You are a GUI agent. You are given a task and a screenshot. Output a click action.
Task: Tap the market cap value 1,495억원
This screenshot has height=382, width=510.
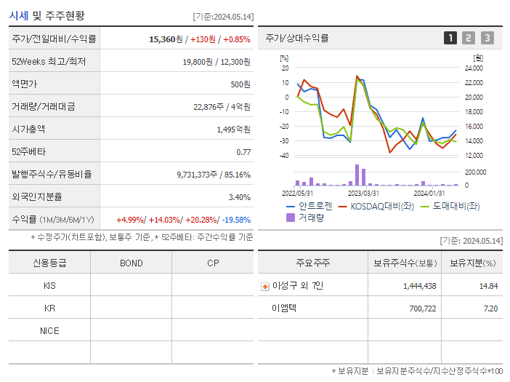click(233, 130)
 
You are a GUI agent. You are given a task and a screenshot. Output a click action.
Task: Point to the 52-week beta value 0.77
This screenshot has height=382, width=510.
click(243, 152)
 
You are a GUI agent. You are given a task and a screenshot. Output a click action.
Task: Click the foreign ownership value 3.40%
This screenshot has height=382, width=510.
click(239, 197)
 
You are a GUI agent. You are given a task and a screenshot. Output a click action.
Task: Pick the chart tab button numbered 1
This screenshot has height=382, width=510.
click(450, 38)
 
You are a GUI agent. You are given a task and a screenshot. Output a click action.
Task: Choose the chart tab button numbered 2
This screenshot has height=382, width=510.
click(469, 38)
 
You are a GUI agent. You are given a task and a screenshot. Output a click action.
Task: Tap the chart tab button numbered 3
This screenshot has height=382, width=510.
click(487, 38)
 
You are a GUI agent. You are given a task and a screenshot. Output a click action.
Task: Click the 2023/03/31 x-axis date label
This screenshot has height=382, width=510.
click(363, 194)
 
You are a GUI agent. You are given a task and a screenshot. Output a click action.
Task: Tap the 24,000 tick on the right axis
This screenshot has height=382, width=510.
click(473, 68)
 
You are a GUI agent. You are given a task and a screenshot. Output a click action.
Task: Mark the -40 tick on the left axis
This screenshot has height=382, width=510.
click(284, 156)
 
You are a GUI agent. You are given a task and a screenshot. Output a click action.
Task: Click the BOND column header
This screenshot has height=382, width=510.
click(131, 263)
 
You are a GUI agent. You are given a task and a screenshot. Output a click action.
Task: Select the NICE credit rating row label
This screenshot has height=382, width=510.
click(49, 330)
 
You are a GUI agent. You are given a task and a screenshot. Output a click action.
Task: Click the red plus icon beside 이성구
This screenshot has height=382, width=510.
click(265, 287)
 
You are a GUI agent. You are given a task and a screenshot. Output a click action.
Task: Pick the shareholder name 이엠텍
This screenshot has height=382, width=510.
click(284, 309)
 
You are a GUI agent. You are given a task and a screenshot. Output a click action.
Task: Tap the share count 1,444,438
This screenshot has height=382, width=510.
click(419, 286)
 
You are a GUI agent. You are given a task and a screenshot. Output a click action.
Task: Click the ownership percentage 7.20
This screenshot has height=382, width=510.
click(490, 309)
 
